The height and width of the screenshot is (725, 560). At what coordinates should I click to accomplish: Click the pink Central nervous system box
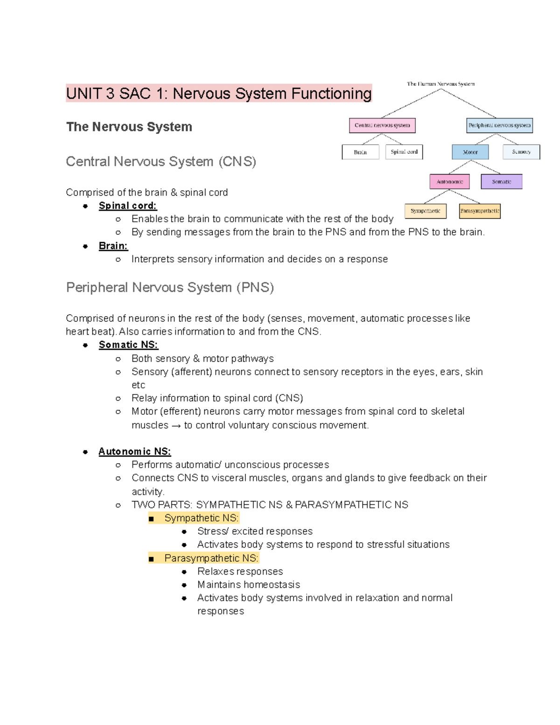click(x=382, y=125)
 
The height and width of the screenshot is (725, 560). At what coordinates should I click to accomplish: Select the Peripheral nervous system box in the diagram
click(x=499, y=125)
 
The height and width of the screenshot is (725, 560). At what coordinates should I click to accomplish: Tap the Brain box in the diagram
click(x=360, y=152)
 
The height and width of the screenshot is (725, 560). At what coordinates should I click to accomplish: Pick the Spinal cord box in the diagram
click(x=404, y=152)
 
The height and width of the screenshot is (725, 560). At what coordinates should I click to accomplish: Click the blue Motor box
click(x=470, y=152)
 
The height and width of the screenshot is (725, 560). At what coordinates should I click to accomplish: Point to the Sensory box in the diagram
click(x=521, y=152)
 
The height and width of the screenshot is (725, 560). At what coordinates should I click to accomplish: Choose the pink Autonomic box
click(x=449, y=182)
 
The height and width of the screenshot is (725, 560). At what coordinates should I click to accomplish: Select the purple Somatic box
click(x=501, y=182)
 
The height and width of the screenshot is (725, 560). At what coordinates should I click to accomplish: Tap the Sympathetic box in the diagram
click(x=425, y=211)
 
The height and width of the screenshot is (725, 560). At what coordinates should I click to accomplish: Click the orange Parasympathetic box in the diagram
click(x=480, y=211)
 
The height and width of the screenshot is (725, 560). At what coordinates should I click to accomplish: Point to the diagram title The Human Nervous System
click(x=441, y=84)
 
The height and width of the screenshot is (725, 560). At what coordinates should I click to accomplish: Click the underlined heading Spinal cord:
click(x=127, y=206)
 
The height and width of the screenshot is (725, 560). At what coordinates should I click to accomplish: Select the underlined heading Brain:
click(x=113, y=246)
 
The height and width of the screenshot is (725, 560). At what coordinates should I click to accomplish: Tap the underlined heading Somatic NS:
click(x=128, y=345)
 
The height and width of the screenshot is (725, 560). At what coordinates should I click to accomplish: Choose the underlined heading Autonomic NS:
click(x=134, y=451)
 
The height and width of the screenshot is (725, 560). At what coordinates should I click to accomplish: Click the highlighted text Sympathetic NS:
click(x=201, y=518)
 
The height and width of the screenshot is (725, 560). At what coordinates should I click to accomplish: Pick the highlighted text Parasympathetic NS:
click(x=211, y=558)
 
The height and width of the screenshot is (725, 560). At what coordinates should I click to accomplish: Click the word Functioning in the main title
click(x=331, y=94)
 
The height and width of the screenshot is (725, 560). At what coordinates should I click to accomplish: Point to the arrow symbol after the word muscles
click(x=176, y=426)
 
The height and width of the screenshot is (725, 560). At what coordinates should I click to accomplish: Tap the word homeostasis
click(x=272, y=585)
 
